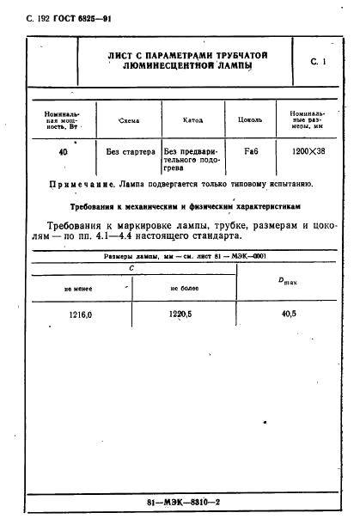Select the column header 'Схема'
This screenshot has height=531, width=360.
(127, 121)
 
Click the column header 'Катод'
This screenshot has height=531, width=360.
(193, 120)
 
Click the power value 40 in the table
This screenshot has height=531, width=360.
(63, 151)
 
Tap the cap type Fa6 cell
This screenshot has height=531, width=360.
(253, 152)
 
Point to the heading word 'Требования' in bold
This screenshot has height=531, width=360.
(97, 207)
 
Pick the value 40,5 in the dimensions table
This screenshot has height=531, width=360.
(288, 314)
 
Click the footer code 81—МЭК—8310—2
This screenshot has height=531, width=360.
(180, 502)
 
